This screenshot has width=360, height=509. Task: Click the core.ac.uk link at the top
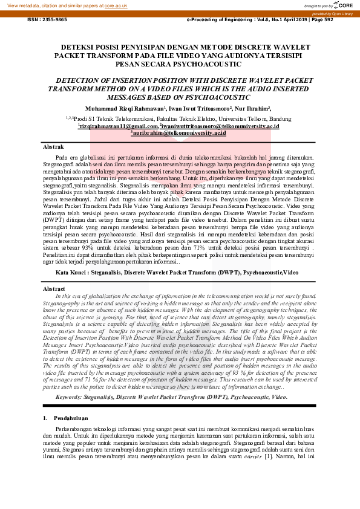pyautogui.click(x=116, y=4)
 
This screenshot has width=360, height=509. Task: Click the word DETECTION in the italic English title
pyautogui.click(x=80, y=80)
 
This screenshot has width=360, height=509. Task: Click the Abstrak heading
pyautogui.click(x=53, y=147)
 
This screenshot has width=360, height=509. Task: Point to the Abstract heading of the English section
pyautogui.click(x=54, y=290)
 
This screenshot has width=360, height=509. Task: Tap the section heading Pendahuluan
pyautogui.click(x=71, y=401)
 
